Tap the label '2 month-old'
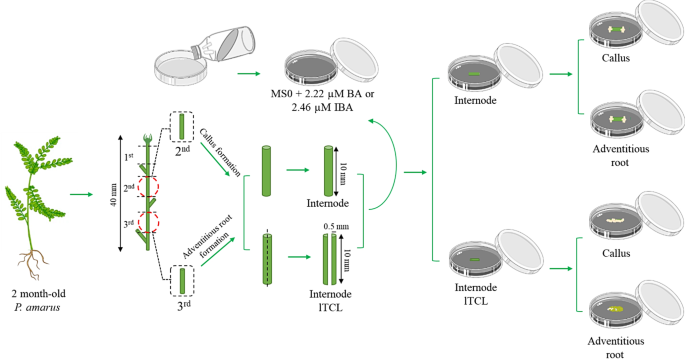click(x=38, y=294)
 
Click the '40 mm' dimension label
click(x=115, y=194)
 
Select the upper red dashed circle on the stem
click(x=148, y=187)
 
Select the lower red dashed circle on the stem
click(x=148, y=222)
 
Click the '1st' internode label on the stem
click(x=128, y=157)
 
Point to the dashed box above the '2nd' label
click(x=181, y=126)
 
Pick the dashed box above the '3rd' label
click(x=182, y=280)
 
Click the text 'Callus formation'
click(x=220, y=153)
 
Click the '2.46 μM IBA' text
click(x=322, y=107)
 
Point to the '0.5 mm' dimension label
click(x=336, y=227)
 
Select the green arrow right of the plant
click(x=81, y=194)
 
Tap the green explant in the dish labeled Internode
click(x=474, y=74)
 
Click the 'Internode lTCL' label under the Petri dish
click(x=476, y=294)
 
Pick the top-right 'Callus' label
click(x=616, y=58)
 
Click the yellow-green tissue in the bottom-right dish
click(x=615, y=309)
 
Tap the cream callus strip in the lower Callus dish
click(x=615, y=220)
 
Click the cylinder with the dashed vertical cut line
click(x=267, y=260)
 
